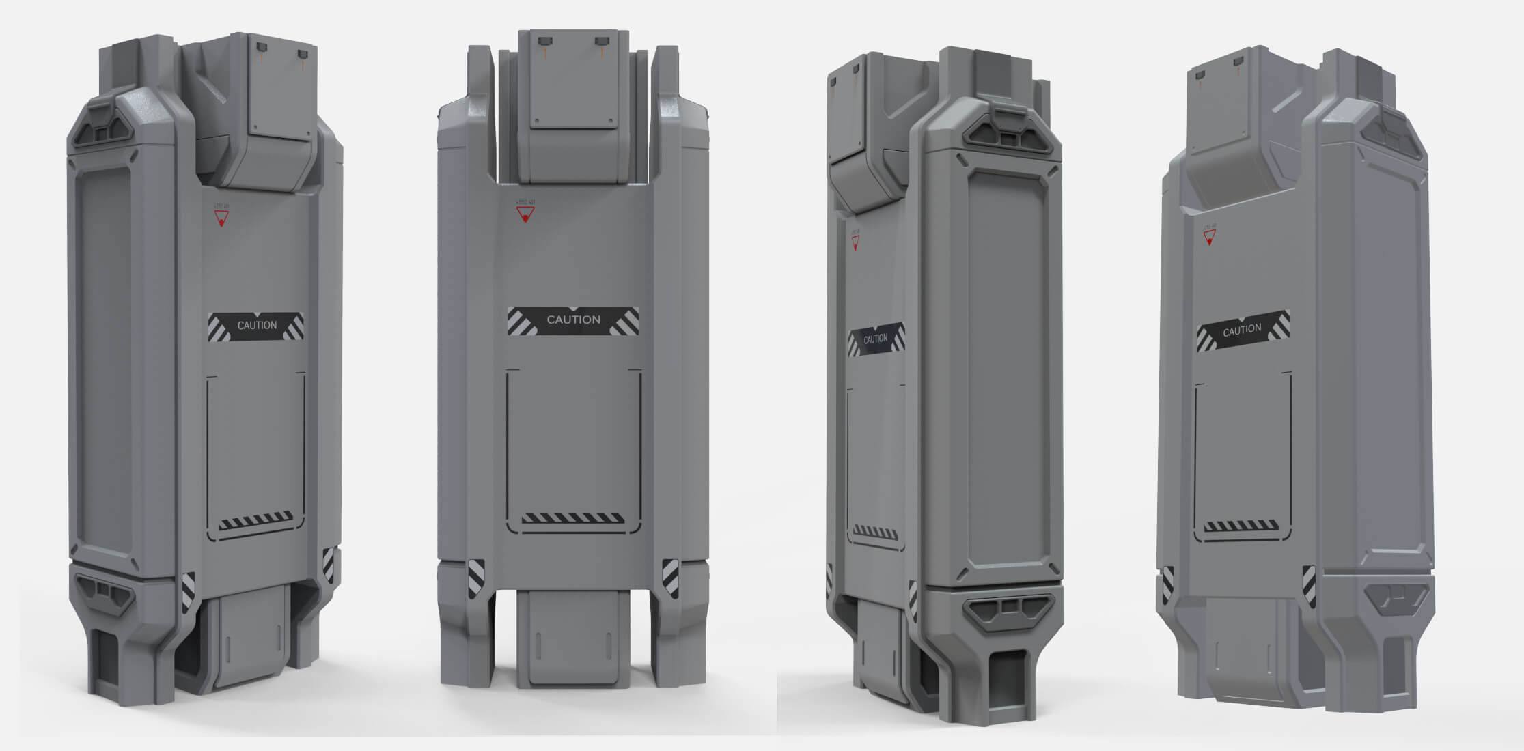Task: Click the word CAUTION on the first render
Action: pyautogui.click(x=257, y=326)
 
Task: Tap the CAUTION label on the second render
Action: pyautogui.click(x=573, y=320)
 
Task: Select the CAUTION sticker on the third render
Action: pyautogui.click(x=876, y=339)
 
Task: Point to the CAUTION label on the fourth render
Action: pyautogui.click(x=1242, y=330)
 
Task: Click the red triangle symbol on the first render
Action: pyautogui.click(x=221, y=218)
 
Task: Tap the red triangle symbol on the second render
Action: pyautogui.click(x=525, y=215)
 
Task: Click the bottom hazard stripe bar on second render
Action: pyautogui.click(x=572, y=519)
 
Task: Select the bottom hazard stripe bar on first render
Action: pyautogui.click(x=255, y=521)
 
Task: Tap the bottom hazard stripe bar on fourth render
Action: pyautogui.click(x=1241, y=526)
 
